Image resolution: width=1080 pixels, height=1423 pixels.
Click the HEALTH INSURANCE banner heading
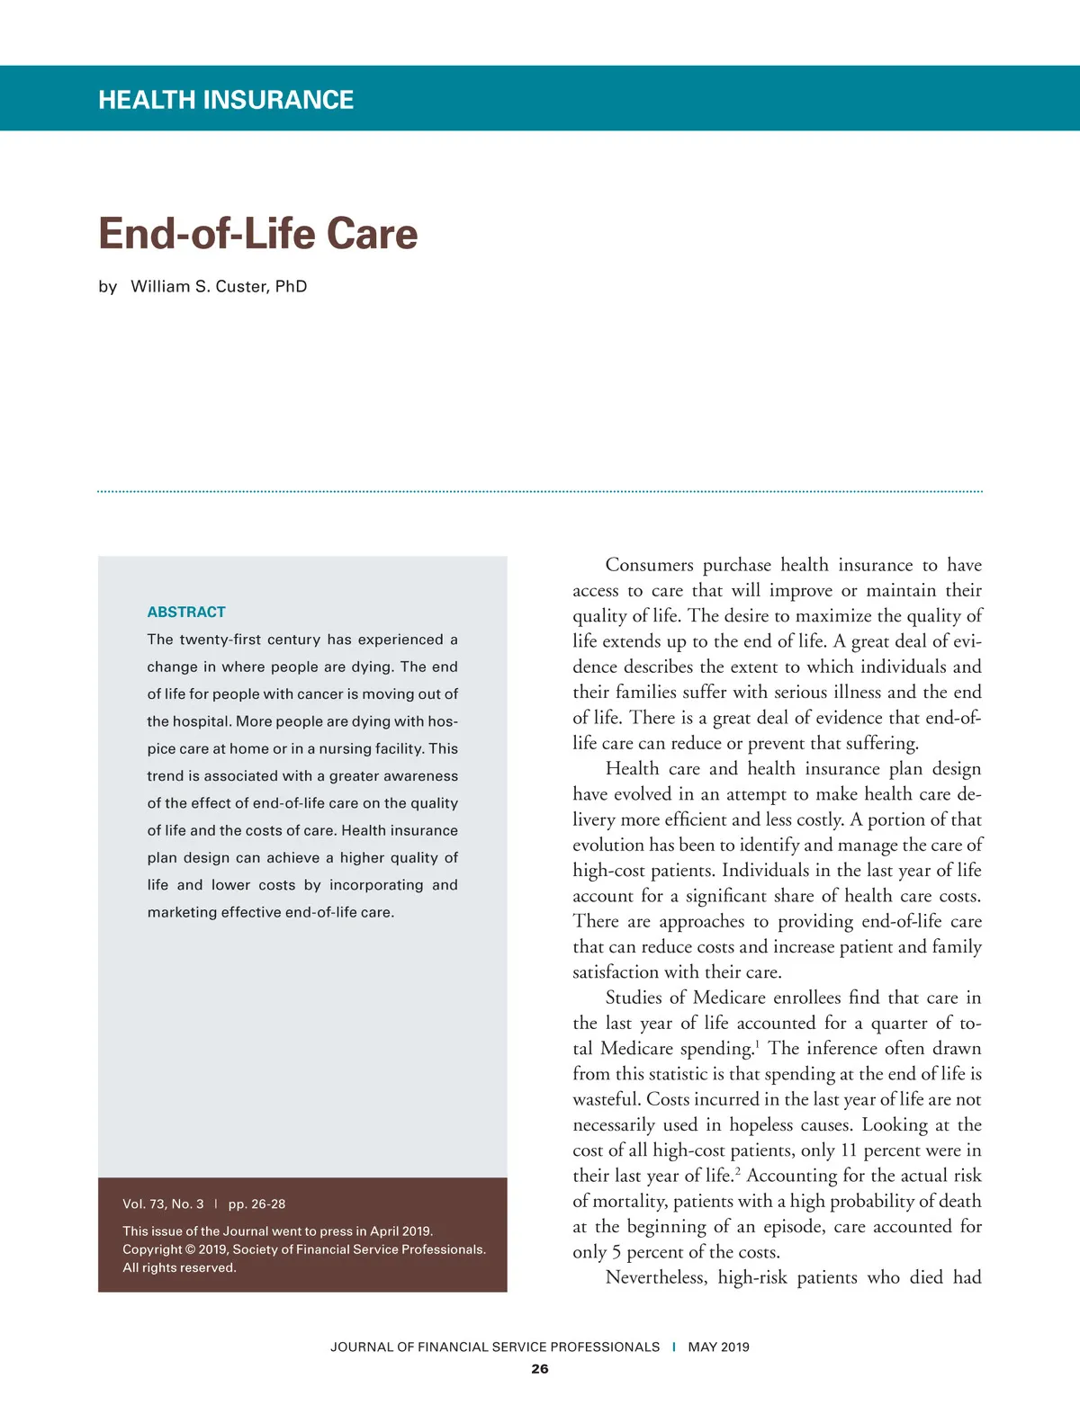coord(226,99)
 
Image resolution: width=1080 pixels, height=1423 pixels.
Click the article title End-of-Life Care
coord(257,233)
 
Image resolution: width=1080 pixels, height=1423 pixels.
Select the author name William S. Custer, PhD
coord(219,286)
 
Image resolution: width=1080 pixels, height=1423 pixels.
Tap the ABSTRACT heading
coord(186,612)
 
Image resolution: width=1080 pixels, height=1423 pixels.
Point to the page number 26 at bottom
coord(539,1368)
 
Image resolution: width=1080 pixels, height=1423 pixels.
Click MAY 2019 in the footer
coord(718,1347)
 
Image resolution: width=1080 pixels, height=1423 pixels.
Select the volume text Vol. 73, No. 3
coord(163,1204)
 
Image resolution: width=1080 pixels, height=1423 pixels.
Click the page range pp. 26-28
coord(256,1204)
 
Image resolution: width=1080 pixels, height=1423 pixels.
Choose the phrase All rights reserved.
coord(179,1267)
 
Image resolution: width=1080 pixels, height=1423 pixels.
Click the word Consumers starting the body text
coord(649,565)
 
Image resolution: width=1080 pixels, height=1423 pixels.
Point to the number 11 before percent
coord(849,1150)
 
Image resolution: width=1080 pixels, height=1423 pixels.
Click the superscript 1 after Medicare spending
coord(758,1043)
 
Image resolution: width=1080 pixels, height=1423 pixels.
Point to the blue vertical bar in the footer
coord(674,1347)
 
